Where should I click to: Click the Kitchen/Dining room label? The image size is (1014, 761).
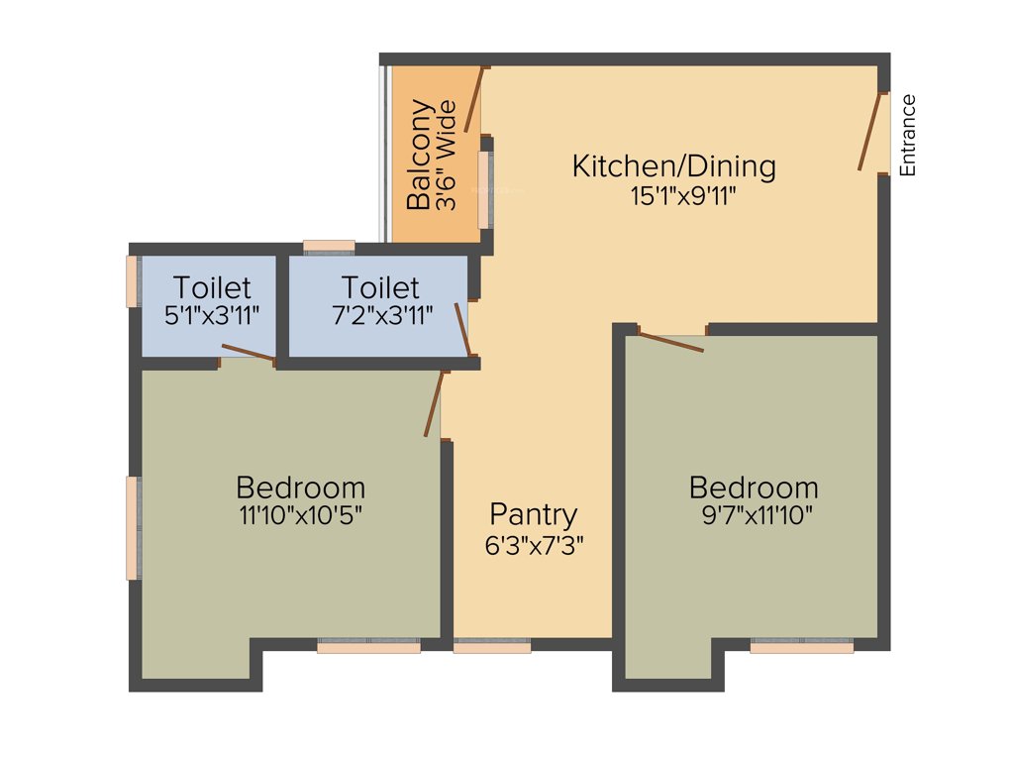tap(673, 165)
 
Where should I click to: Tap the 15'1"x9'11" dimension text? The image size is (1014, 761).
tap(683, 195)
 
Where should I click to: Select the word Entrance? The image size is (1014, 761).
tap(908, 135)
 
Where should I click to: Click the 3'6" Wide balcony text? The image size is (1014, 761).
tap(446, 155)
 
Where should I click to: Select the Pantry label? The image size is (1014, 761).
tap(533, 514)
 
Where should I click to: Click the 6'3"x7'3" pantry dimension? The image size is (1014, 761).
tap(535, 545)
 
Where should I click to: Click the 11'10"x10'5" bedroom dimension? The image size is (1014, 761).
tap(300, 515)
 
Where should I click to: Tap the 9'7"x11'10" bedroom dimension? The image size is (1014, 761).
tap(754, 515)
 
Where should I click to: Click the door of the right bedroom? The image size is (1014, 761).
tap(671, 342)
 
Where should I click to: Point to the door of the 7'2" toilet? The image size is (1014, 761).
tap(462, 329)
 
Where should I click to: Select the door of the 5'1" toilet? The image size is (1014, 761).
tap(248, 352)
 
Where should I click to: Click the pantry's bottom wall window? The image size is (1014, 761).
tap(492, 646)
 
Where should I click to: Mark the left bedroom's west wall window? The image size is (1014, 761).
tap(133, 527)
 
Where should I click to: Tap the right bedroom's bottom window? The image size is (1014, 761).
tap(801, 646)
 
